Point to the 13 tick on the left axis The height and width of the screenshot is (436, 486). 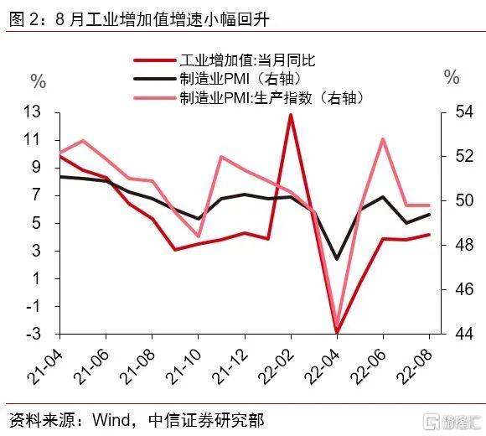[x=32, y=112]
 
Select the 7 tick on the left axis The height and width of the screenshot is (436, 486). [x=37, y=195]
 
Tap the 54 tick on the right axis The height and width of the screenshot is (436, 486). [x=464, y=112]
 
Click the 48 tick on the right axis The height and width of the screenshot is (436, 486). [x=464, y=245]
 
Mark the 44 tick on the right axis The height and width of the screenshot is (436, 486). [x=464, y=334]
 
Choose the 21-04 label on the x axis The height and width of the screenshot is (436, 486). [x=45, y=367]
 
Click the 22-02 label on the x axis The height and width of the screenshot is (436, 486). [x=277, y=367]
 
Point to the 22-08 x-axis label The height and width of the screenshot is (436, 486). [x=416, y=367]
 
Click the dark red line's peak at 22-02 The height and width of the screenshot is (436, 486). [x=291, y=116]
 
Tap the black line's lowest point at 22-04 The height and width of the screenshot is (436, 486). [x=337, y=258]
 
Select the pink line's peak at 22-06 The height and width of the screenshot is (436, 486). [x=383, y=139]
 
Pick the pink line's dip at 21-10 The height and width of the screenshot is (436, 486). [x=199, y=236]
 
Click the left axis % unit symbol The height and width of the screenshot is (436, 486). [x=39, y=82]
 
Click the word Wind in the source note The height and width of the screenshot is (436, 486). [x=111, y=420]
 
